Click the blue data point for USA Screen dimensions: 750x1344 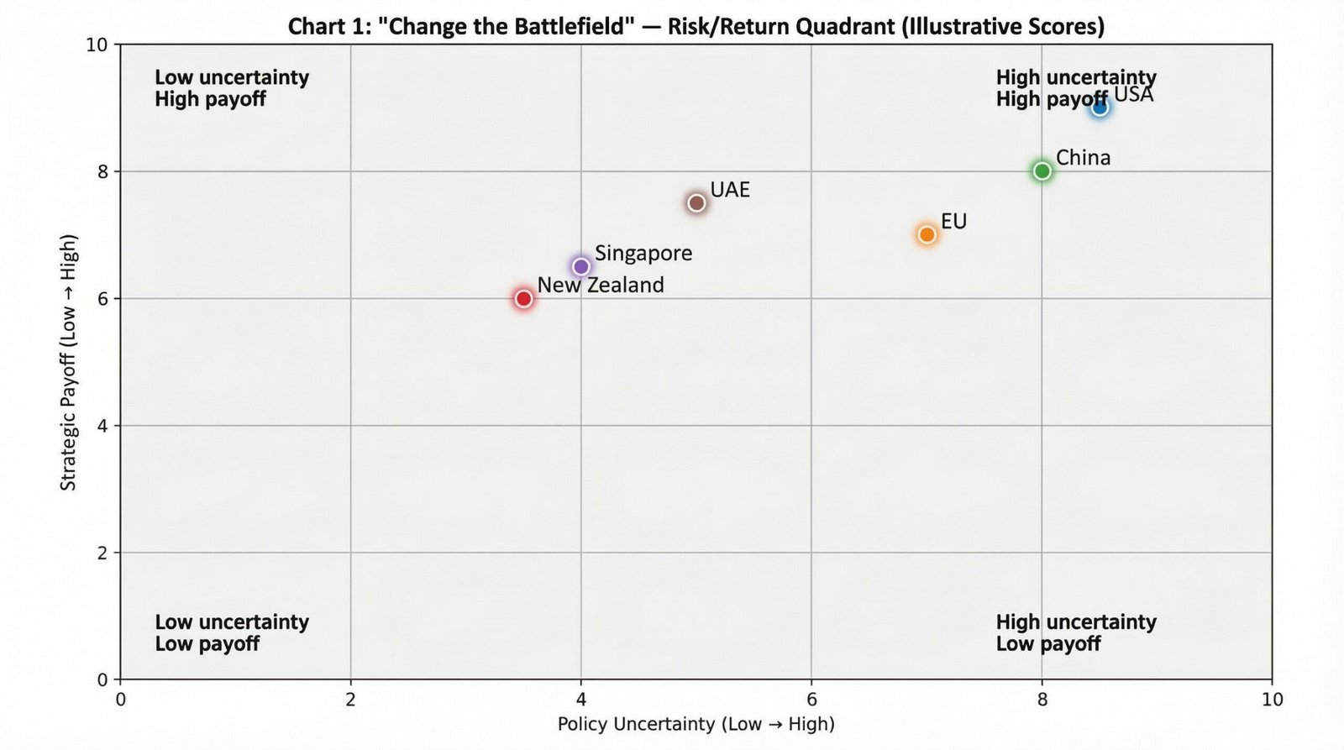[x=1100, y=108]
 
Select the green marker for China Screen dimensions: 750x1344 [x=1042, y=171]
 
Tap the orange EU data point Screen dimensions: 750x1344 [x=927, y=234]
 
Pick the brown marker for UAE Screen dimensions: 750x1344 [x=696, y=203]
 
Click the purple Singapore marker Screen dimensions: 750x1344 [x=580, y=267]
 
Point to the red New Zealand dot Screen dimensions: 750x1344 [x=523, y=299]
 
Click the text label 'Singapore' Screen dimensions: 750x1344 [x=643, y=253]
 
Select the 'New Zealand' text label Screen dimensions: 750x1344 [x=601, y=286]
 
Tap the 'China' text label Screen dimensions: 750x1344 [x=1083, y=158]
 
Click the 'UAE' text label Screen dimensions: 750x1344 [x=730, y=190]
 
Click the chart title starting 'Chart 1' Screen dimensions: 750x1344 [x=696, y=26]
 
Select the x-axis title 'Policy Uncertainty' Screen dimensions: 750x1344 [x=696, y=724]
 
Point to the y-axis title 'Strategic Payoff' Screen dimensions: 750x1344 [x=69, y=362]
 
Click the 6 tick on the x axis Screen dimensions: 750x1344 [x=811, y=700]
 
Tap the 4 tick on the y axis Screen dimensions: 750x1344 [x=102, y=426]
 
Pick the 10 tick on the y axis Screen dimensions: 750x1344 [x=97, y=45]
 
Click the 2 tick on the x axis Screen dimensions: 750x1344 [x=351, y=700]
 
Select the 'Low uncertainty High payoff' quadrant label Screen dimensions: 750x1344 [x=232, y=88]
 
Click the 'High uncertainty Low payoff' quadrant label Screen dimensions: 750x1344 [x=1076, y=633]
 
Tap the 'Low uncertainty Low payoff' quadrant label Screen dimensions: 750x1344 [x=232, y=633]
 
